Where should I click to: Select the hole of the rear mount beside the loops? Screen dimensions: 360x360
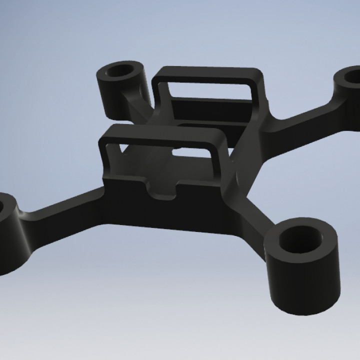[x=121, y=71]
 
